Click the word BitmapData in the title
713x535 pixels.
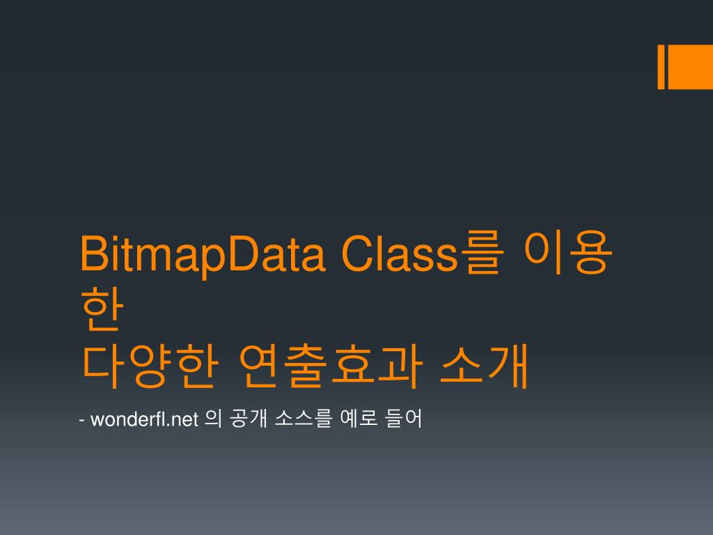pos(203,255)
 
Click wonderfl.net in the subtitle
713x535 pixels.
pos(145,419)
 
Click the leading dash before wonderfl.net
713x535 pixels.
pos(83,420)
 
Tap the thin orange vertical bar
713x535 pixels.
pos(661,68)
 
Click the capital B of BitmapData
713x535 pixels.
pos(91,255)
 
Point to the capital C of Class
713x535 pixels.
pos(355,255)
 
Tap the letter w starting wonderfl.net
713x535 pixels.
pos(96,421)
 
